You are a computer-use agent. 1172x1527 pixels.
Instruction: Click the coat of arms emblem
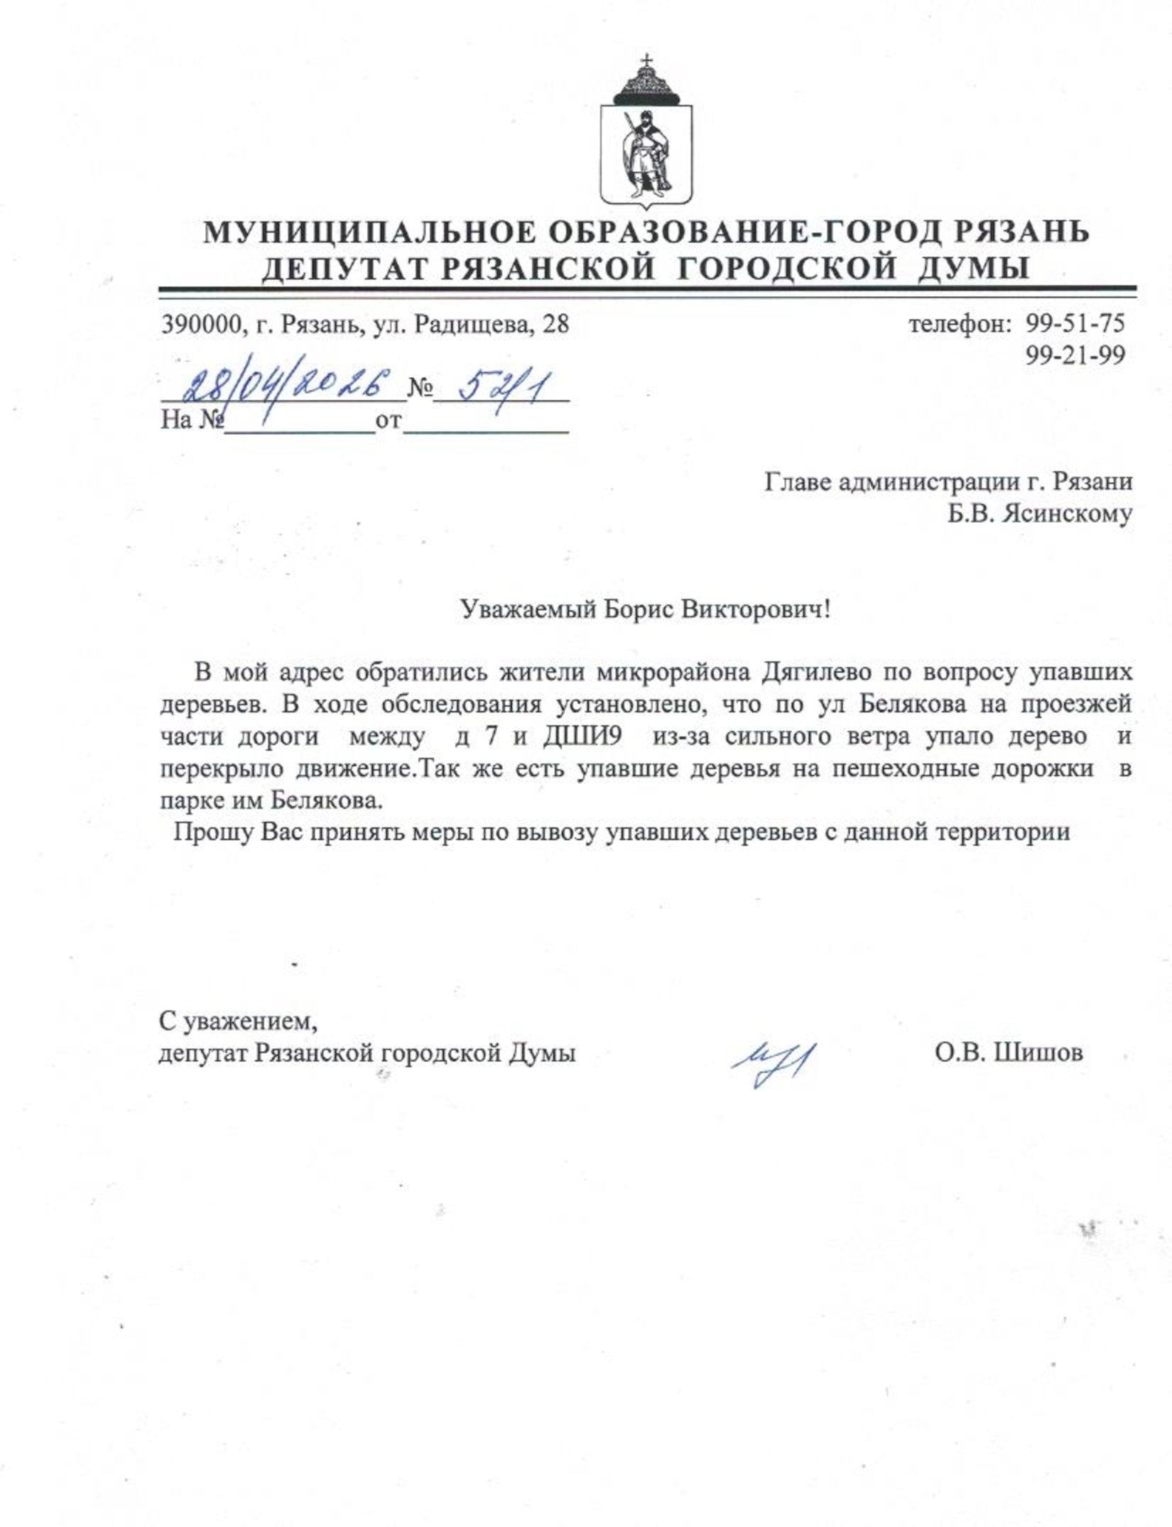(x=646, y=138)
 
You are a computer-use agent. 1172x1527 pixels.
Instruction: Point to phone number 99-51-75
(x=1075, y=324)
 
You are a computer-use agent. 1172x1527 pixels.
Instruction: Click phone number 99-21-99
(x=1075, y=355)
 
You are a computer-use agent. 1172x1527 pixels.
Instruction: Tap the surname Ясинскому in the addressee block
(x=1068, y=513)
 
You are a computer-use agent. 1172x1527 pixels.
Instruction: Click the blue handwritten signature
(x=774, y=1063)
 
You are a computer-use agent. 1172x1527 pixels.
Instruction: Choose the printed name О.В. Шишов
(x=1009, y=1052)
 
